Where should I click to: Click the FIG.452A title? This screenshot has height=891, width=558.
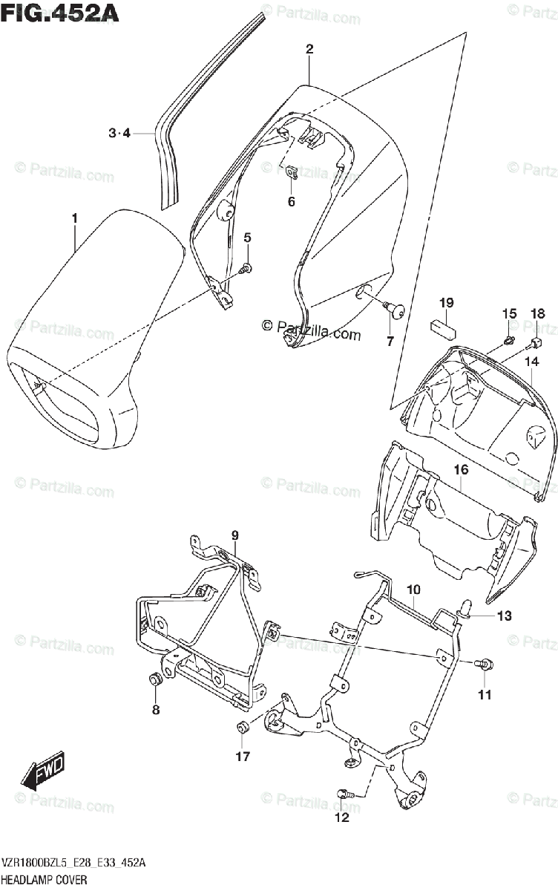point(61,13)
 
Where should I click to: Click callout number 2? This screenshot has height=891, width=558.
point(309,50)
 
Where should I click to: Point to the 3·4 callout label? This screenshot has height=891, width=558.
point(119,134)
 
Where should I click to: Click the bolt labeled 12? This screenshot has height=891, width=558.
point(344,794)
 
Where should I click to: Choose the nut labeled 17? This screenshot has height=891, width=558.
point(243,727)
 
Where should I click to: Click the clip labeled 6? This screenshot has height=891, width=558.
point(292,173)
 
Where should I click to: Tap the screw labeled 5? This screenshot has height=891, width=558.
point(247,267)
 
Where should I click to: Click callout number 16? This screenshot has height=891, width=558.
point(461,470)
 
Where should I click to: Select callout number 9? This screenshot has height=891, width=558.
point(234,535)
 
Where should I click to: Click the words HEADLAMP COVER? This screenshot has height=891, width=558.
point(45,879)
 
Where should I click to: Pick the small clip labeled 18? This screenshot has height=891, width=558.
point(533,343)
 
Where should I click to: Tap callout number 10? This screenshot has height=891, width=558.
point(413,590)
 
